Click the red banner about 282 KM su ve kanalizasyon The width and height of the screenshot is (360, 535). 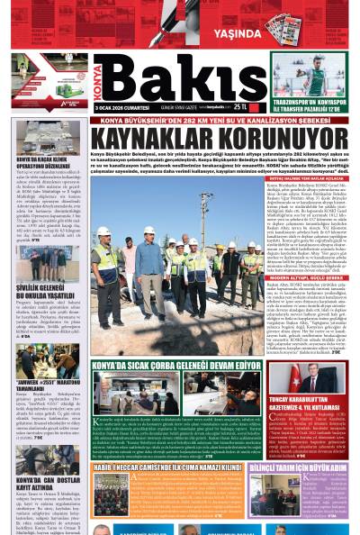[x=179, y=119]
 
